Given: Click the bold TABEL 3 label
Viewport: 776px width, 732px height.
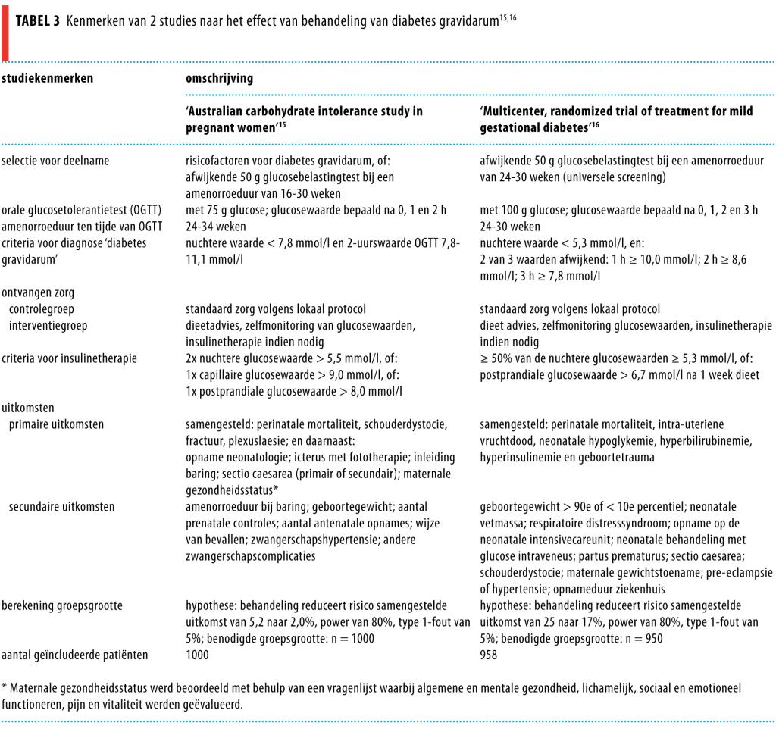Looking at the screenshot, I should coord(37,21).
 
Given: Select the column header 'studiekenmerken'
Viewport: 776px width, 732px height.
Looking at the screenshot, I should coord(47,78).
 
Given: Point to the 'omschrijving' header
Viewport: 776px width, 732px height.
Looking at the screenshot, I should coord(220,78).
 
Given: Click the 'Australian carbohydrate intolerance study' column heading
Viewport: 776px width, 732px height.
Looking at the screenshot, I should coord(305,120).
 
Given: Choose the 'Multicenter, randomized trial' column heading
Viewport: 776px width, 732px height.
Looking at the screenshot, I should coord(616,120).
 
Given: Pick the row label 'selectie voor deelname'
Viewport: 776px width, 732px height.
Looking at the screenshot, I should coord(55,161).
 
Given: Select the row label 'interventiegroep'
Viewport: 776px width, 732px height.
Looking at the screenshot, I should coord(48,325).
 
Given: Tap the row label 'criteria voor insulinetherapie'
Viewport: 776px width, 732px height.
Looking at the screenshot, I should coord(69,358).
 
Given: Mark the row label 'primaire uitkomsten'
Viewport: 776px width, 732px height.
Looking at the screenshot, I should coord(57,424).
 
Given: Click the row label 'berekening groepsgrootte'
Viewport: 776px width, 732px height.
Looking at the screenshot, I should coord(64,605).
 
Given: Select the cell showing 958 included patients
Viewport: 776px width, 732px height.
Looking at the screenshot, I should coord(489,655).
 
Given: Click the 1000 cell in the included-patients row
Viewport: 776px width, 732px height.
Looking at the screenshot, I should coord(198,655).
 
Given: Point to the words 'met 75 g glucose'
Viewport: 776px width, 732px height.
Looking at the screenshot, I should coord(223,211).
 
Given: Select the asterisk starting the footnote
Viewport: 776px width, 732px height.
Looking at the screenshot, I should coord(5,688).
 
